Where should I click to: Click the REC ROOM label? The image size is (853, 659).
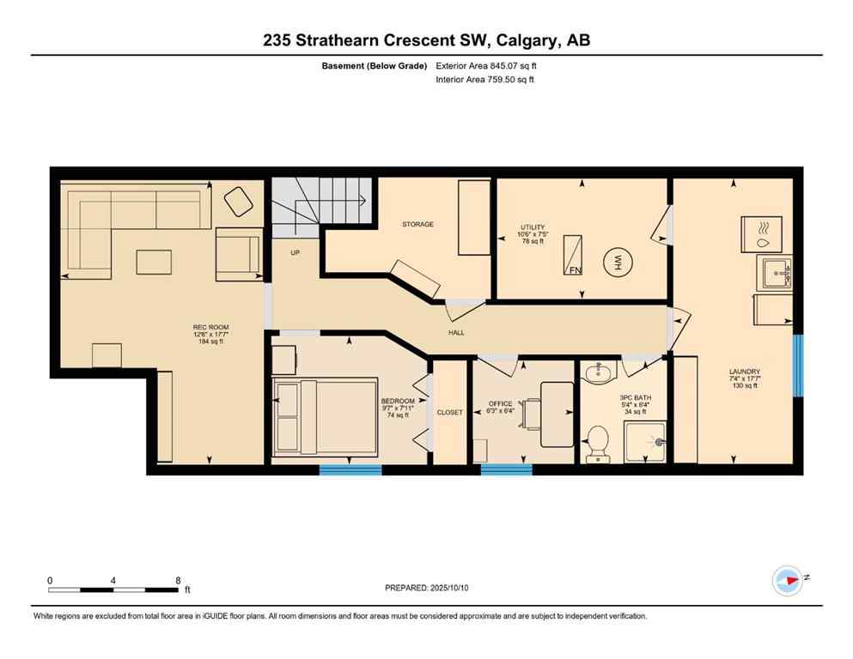pyautogui.click(x=210, y=327)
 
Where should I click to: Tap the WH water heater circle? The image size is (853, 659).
pyautogui.click(x=617, y=263)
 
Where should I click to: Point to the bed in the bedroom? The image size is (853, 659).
pyautogui.click(x=326, y=416)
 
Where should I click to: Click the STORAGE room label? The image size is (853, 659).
pyautogui.click(x=417, y=224)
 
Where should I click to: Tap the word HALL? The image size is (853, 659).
pyautogui.click(x=456, y=332)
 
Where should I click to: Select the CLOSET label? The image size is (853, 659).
pyautogui.click(x=449, y=413)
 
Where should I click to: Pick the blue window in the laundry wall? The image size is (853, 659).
pyautogui.click(x=797, y=366)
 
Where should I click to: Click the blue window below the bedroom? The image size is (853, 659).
pyautogui.click(x=350, y=469)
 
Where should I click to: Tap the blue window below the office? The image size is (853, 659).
pyautogui.click(x=506, y=469)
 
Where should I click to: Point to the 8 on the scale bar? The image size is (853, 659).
pyautogui.click(x=178, y=580)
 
